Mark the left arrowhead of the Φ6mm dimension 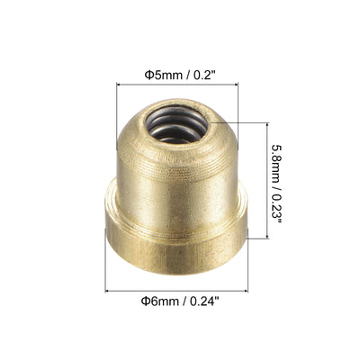pos(108,291)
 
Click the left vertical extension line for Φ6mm pos(106,270)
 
